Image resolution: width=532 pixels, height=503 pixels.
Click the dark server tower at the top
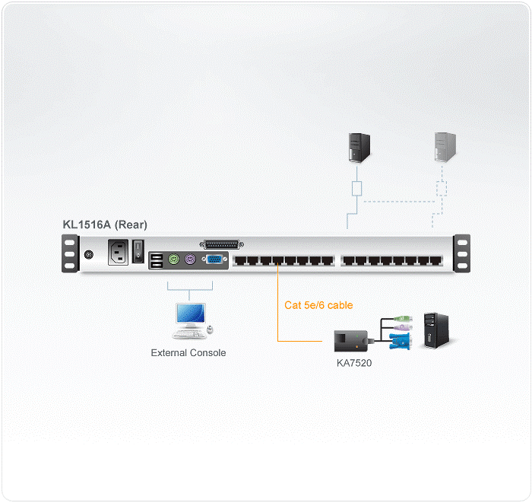pos(358,145)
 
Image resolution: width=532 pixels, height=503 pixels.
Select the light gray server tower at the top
pos(445,145)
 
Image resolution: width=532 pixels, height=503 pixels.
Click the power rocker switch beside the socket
pos(138,250)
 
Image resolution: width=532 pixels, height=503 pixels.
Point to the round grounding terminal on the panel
pos(89,254)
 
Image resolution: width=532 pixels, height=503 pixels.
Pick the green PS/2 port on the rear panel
pos(174,259)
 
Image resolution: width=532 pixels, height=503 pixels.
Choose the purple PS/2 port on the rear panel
pos(191,259)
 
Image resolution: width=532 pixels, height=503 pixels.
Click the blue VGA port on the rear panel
pos(214,259)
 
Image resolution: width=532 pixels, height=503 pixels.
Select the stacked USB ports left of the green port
pos(156,260)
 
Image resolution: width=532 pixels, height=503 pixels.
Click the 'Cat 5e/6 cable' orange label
pos(318,305)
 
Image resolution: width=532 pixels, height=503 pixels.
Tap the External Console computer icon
pos(190,320)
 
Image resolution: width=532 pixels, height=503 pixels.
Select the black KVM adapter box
pos(350,339)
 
